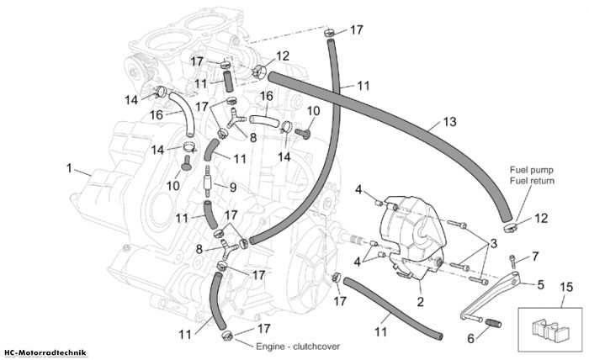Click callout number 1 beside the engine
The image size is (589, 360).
tap(69, 168)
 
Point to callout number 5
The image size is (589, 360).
tap(541, 284)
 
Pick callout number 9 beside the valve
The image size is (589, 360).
tap(233, 187)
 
